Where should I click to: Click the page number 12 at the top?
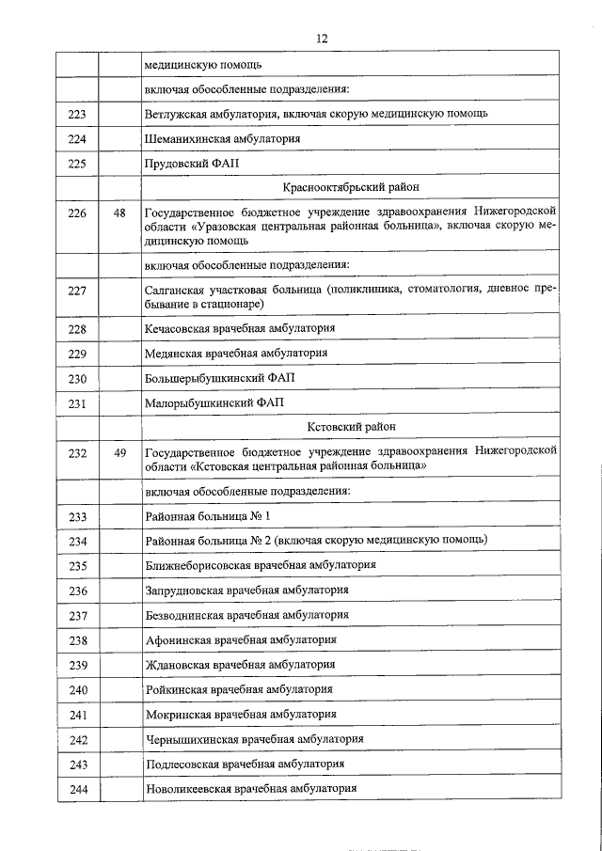pyautogui.click(x=322, y=39)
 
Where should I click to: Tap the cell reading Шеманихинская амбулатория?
pyautogui.click(x=223, y=138)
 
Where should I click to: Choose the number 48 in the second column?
pyautogui.click(x=119, y=213)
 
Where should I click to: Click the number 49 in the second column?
pyautogui.click(x=119, y=452)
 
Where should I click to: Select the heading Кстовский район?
pyautogui.click(x=351, y=427)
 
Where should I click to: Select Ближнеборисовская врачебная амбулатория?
pyautogui.click(x=261, y=565)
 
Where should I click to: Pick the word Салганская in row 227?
pyautogui.click(x=175, y=290)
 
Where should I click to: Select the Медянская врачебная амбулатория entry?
pyautogui.click(x=236, y=354)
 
